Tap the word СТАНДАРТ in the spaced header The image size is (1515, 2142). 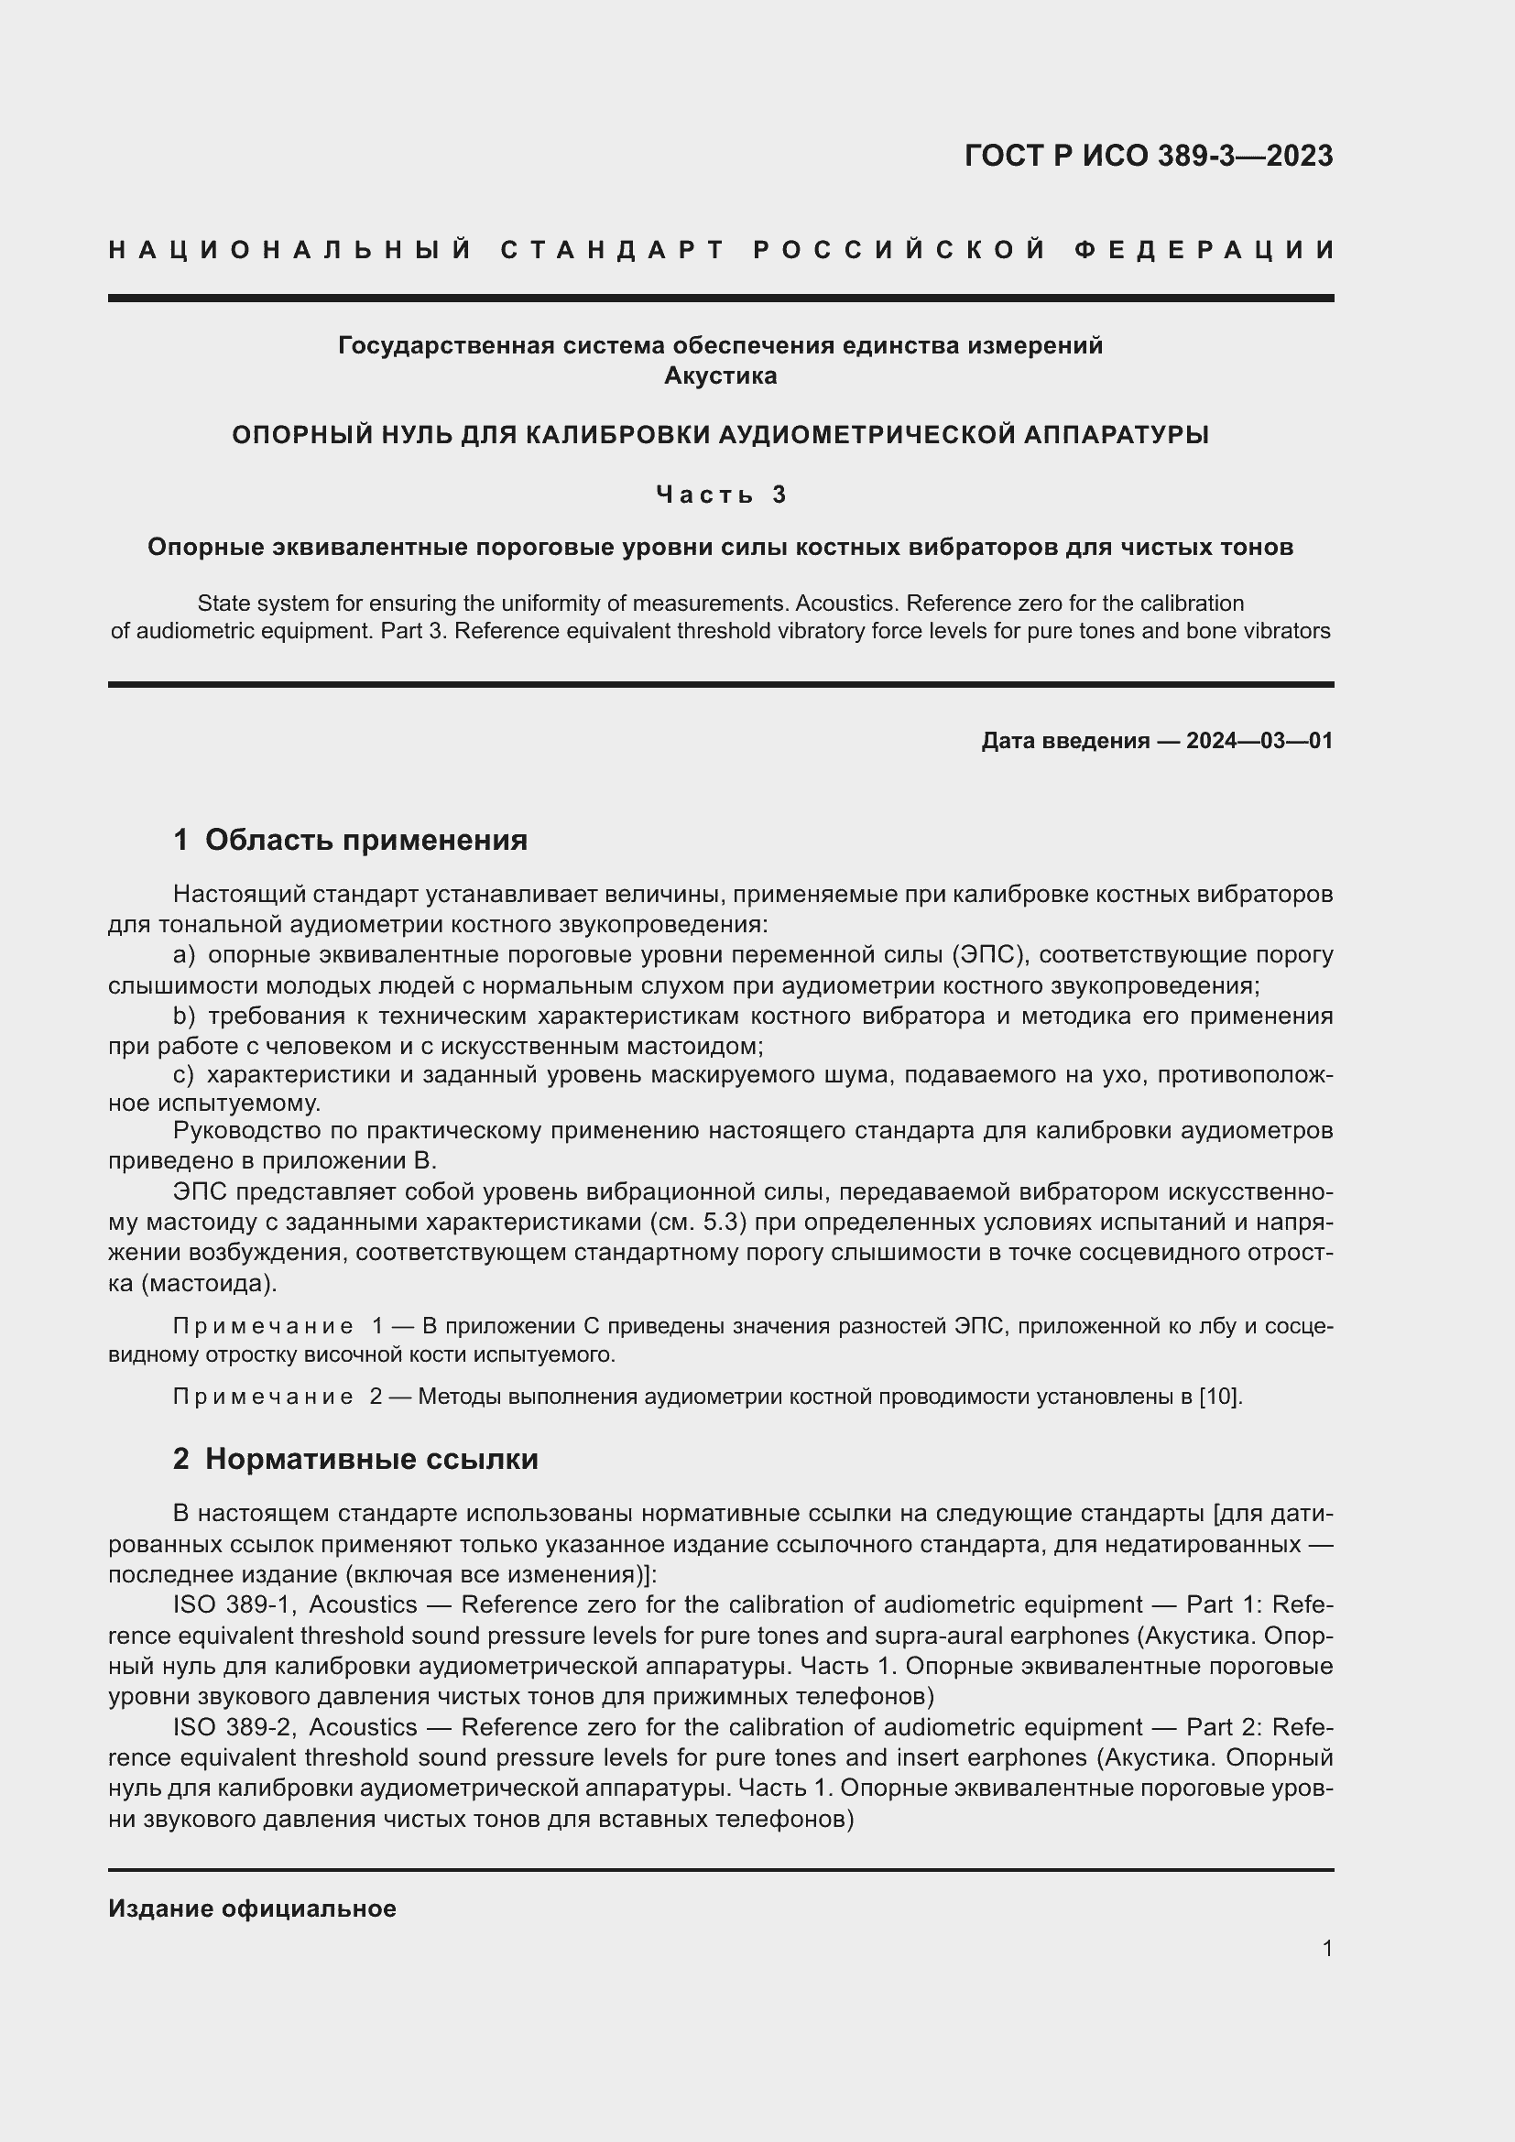(613, 250)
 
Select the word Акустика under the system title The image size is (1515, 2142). (720, 376)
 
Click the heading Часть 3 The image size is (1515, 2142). (720, 494)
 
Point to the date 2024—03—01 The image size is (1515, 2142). (1259, 741)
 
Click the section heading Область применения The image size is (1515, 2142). (365, 840)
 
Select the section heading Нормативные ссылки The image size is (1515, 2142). (371, 1458)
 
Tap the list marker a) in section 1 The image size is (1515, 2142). (184, 954)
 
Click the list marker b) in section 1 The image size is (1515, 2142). (184, 1015)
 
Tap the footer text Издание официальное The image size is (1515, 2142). (252, 1908)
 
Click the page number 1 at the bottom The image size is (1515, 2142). (1326, 1948)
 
